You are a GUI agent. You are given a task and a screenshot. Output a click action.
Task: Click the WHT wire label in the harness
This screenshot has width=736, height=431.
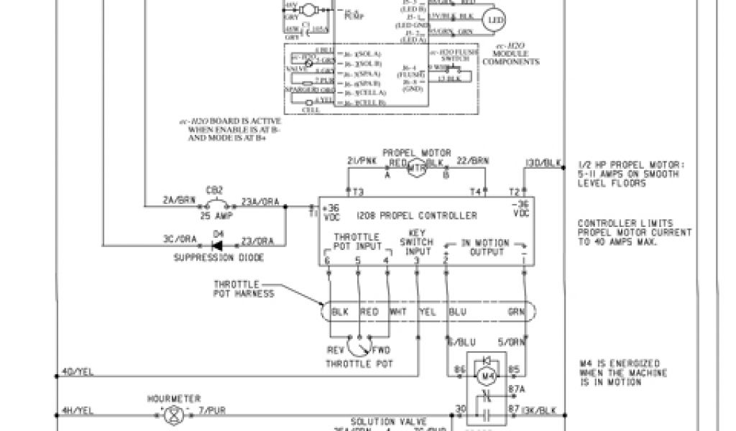pos(397,312)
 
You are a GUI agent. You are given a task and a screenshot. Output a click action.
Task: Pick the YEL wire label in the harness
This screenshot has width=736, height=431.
pos(427,312)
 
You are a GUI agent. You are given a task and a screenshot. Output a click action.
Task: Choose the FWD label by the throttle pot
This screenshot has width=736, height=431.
pos(382,350)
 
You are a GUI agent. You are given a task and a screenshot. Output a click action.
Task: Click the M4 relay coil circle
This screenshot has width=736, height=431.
pos(487,375)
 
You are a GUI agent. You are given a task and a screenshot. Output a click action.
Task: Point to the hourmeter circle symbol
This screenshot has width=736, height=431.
pos(170,414)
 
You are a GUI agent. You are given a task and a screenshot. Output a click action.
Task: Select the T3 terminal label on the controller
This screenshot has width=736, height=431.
pos(357,191)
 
